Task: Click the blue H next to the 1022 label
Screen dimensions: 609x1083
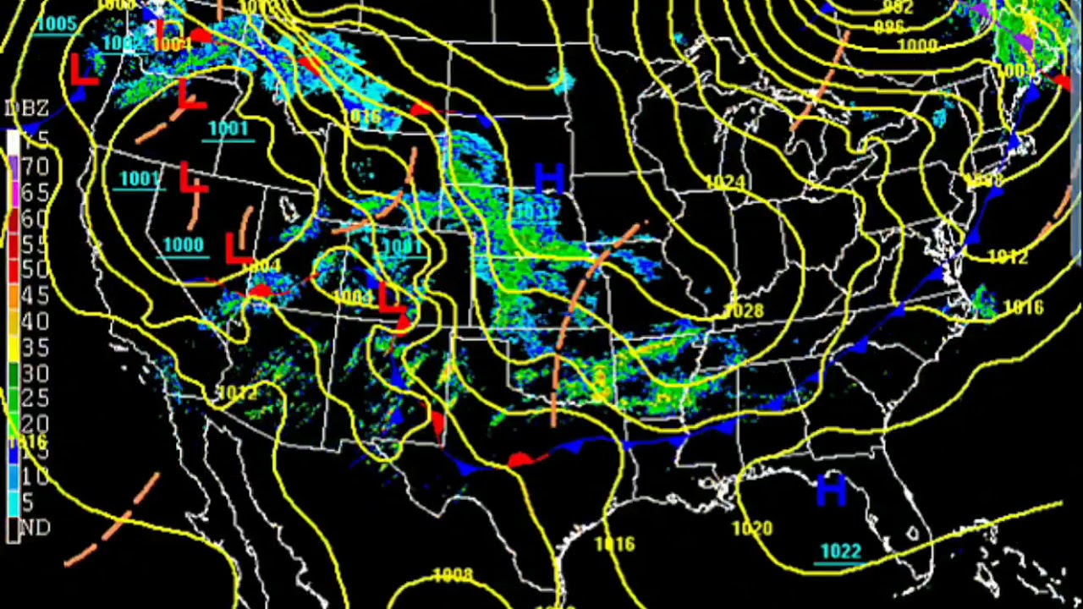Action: (831, 491)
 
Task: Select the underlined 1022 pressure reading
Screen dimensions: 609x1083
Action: (841, 552)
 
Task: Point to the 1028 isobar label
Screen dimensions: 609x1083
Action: (745, 311)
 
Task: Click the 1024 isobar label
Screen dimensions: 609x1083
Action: (725, 182)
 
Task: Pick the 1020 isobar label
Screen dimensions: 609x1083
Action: (751, 529)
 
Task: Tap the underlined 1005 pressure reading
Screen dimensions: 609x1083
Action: (57, 24)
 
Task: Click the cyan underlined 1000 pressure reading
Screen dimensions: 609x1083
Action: (184, 245)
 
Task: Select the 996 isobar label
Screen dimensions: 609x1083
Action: (889, 27)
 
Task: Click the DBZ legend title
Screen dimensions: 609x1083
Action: (27, 109)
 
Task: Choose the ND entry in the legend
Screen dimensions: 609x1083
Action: (34, 528)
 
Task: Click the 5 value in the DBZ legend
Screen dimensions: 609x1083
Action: (27, 502)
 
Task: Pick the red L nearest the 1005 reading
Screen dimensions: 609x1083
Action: (82, 69)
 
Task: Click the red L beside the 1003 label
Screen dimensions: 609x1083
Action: (390, 299)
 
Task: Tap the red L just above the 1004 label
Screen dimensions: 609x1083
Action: (239, 249)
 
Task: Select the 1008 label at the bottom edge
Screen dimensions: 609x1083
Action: (453, 576)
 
